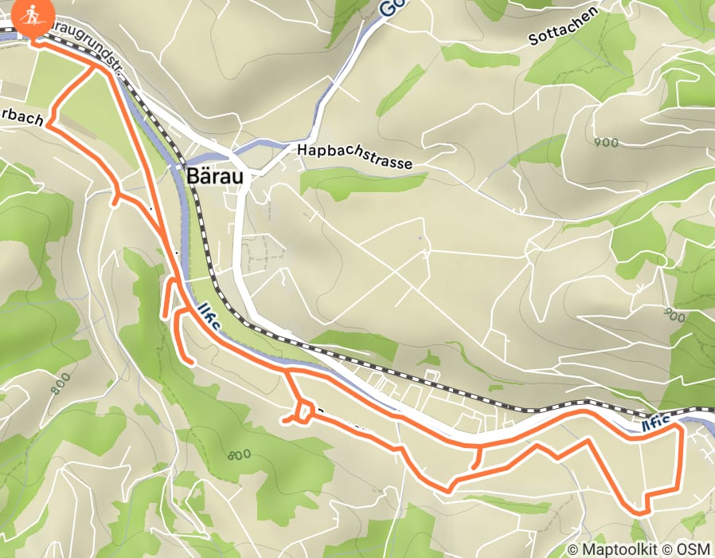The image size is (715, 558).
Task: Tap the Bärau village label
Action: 217,176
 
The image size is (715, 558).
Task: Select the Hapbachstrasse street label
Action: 354,157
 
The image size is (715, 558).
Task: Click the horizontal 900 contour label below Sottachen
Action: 606,142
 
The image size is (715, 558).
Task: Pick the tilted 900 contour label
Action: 673,316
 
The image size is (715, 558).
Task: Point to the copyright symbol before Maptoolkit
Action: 574,548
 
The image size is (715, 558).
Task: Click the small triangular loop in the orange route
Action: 303,412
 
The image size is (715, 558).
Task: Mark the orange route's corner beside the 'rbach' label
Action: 49,124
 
